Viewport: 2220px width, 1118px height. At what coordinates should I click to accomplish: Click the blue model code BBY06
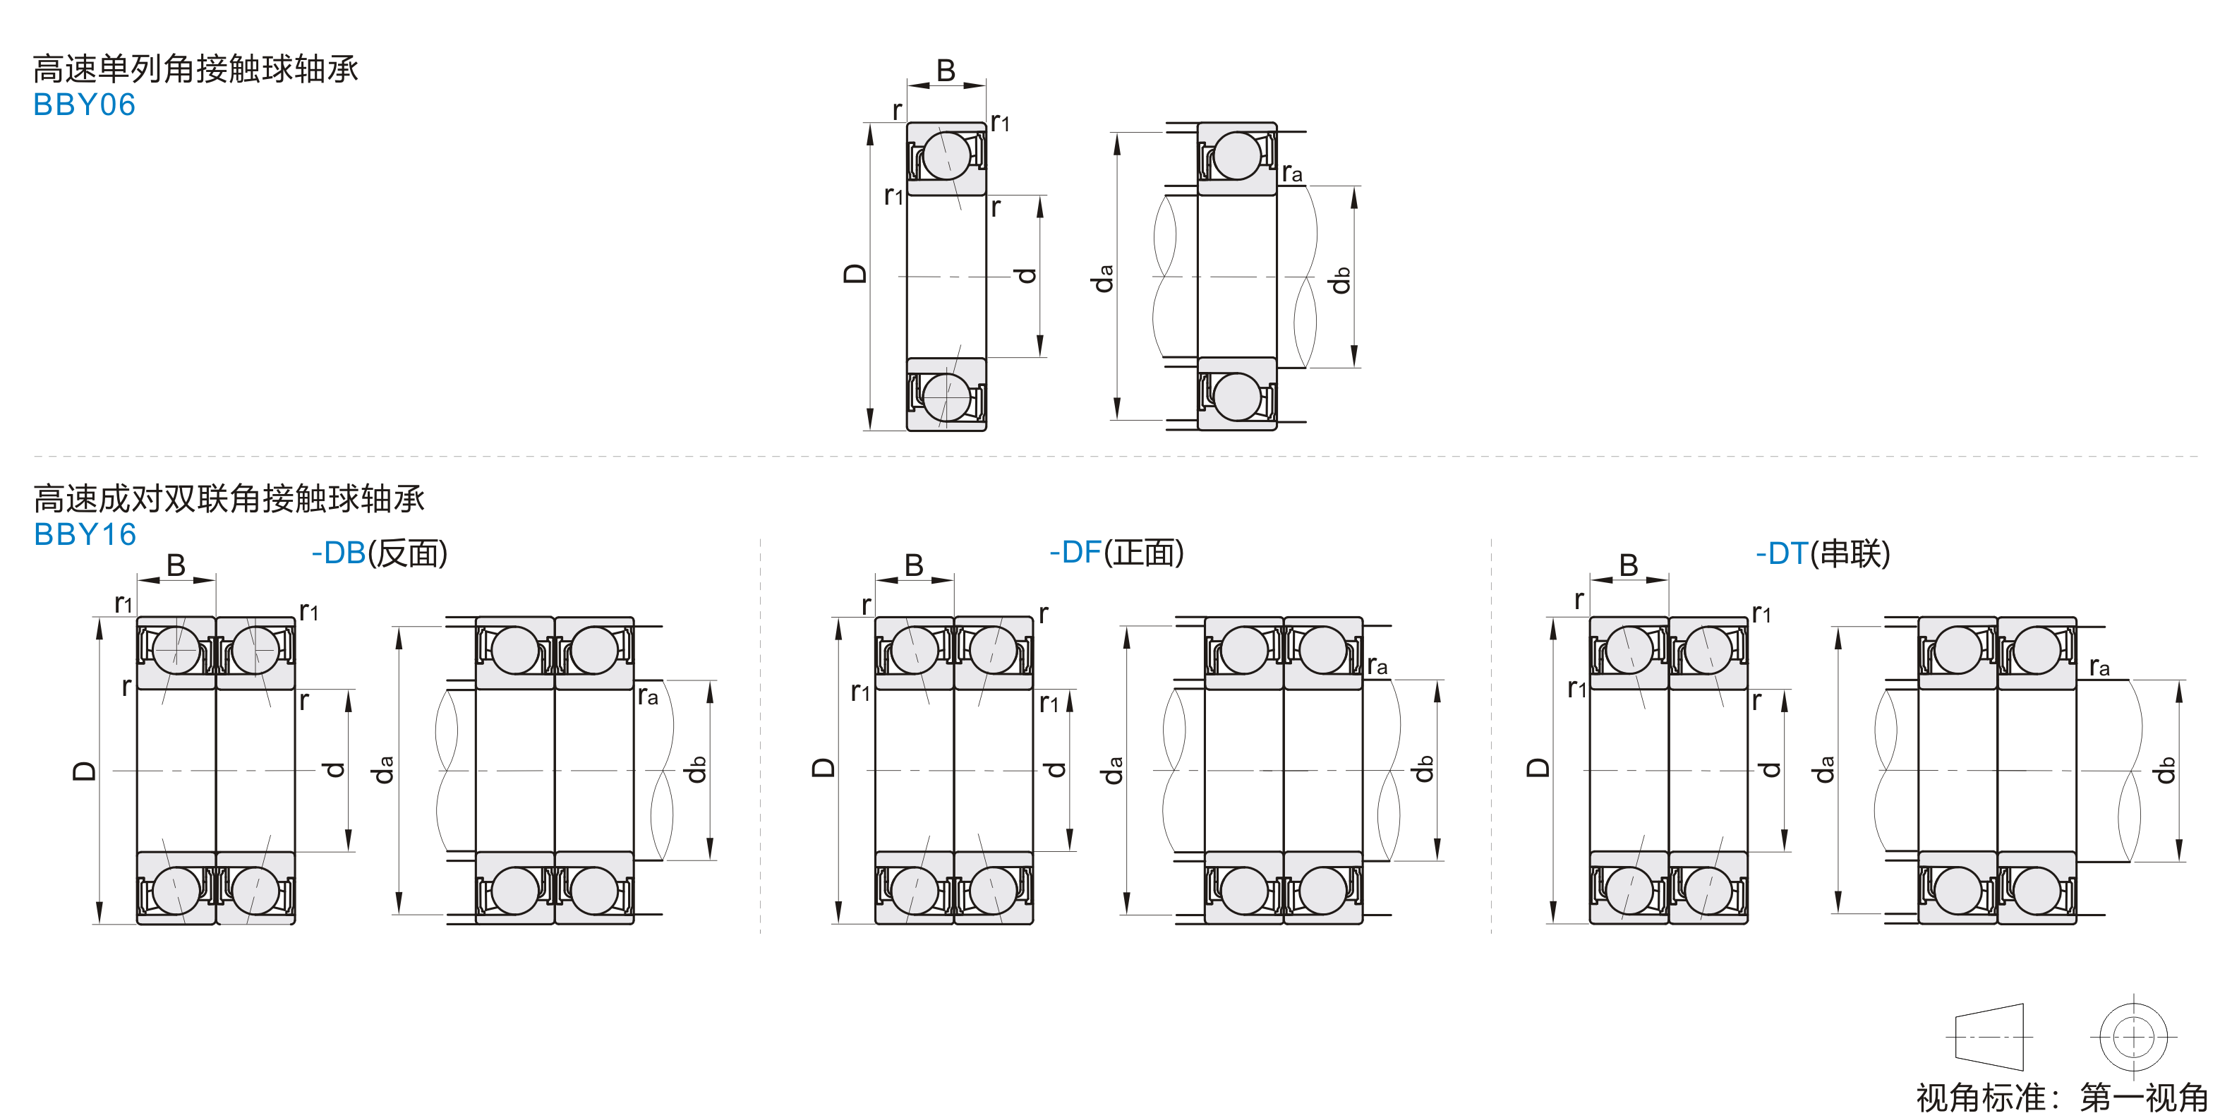pyautogui.click(x=85, y=104)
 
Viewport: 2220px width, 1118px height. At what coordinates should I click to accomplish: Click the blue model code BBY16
pyautogui.click(x=85, y=534)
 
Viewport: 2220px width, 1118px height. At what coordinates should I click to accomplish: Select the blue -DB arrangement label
pyautogui.click(x=339, y=553)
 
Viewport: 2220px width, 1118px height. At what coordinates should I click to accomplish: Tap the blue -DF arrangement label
pyautogui.click(x=1075, y=553)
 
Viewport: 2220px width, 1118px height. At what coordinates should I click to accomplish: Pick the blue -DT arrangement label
pyautogui.click(x=1783, y=553)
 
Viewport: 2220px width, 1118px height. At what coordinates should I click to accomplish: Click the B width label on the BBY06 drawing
pyautogui.click(x=946, y=71)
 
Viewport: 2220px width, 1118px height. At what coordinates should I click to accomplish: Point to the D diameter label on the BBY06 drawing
pyautogui.click(x=854, y=274)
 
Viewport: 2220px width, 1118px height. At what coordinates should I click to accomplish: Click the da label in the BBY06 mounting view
pyautogui.click(x=1103, y=278)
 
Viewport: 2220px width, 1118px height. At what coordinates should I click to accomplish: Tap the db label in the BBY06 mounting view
pyautogui.click(x=1340, y=280)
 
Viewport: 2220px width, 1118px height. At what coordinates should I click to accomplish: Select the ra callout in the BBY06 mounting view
pyautogui.click(x=1292, y=173)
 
